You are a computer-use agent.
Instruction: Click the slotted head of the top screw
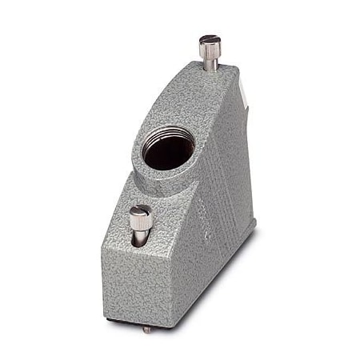coord(210,39)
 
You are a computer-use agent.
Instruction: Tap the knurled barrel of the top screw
coord(210,53)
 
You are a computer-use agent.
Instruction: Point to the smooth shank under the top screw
coord(210,66)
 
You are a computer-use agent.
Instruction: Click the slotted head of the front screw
coord(140,211)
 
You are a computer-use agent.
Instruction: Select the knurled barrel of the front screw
coord(140,226)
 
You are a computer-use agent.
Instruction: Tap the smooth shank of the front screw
coord(140,240)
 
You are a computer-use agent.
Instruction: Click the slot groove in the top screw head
coord(210,38)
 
